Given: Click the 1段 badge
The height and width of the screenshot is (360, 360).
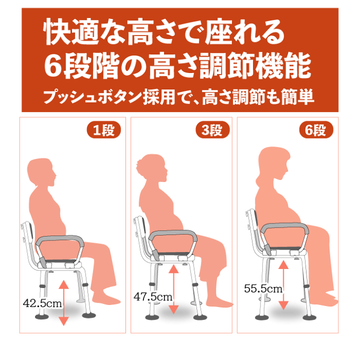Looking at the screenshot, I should (x=103, y=130).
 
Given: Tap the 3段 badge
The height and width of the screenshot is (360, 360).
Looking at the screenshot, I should (x=212, y=130).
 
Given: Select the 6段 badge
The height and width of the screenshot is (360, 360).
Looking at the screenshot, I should (x=316, y=130).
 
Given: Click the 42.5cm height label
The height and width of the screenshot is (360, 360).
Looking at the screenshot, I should (x=42, y=302).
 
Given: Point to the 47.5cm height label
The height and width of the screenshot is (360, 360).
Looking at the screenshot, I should (x=153, y=296).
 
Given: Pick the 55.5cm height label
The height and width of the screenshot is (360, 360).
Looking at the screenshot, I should (x=263, y=288).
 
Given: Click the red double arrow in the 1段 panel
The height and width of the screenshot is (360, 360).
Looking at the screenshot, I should (x=63, y=303).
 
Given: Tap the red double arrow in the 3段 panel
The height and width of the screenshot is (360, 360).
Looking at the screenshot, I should (x=173, y=290).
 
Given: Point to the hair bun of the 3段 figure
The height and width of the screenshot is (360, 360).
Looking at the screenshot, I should (x=140, y=162).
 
